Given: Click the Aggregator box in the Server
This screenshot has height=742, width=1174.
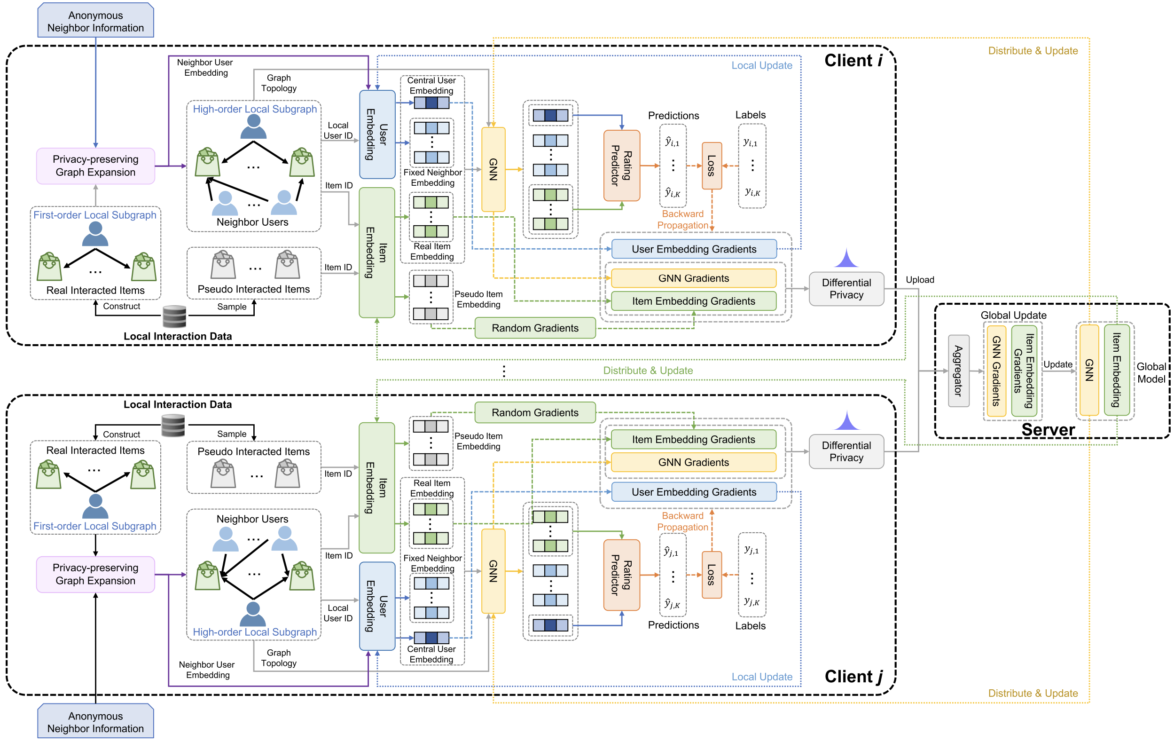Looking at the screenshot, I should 958,371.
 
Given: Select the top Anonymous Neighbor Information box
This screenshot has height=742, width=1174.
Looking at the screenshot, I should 95,22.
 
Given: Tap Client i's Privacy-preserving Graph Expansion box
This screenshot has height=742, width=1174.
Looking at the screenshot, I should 95,166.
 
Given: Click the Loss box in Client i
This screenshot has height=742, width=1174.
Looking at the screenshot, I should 712,166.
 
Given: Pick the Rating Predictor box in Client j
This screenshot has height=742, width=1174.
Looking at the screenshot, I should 622,575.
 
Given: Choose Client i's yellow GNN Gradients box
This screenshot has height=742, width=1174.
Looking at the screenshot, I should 693,278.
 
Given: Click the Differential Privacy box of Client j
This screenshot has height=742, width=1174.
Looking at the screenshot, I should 846,452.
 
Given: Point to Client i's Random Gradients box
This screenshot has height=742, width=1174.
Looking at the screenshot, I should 535,328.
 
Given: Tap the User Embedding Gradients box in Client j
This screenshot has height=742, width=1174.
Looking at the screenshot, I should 693,492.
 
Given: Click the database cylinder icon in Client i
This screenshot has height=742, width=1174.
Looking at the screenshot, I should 174,316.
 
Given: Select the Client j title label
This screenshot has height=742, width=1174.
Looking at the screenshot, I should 853,677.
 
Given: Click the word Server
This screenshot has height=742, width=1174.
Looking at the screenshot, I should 1048,430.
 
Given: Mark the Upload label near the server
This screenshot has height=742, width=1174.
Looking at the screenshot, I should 919,279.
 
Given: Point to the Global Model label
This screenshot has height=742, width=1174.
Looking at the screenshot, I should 1151,373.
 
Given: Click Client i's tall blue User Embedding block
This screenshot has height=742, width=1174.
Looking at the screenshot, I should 377,134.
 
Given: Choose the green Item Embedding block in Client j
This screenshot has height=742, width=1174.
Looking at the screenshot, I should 377,487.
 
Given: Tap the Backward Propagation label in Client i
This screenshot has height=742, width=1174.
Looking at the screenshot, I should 682,220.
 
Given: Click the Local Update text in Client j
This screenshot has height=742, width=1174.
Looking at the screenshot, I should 761,677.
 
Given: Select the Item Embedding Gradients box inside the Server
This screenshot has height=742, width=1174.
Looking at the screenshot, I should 1024,371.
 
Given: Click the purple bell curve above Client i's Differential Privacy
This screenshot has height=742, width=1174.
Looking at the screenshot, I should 846,259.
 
